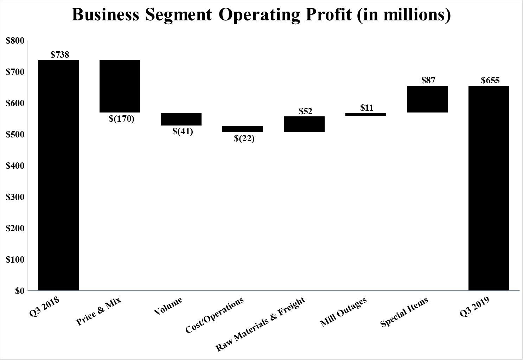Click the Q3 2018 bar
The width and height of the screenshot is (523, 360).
[x=58, y=175]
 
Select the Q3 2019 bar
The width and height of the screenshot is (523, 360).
[x=489, y=188]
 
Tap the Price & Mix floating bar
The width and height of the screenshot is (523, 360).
[x=120, y=86]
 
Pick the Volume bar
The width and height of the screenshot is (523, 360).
[x=181, y=119]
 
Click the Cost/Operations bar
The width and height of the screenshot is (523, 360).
[x=243, y=129]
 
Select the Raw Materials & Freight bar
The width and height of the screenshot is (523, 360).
[x=304, y=124]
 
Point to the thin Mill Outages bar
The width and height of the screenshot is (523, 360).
[x=366, y=114]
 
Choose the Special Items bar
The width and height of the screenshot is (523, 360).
[x=427, y=99]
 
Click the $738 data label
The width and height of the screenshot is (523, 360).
[x=60, y=54]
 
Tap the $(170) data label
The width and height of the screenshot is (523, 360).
[x=122, y=119]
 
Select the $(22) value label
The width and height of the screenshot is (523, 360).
[x=244, y=139]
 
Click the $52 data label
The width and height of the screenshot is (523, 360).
[x=306, y=111]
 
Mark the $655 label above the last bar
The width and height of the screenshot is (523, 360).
[x=490, y=80]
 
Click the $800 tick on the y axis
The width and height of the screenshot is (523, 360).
[x=15, y=41]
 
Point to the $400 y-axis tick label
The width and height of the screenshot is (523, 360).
[x=15, y=166]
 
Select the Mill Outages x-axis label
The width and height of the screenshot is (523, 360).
[x=344, y=312]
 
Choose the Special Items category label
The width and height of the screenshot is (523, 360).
[x=404, y=312]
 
